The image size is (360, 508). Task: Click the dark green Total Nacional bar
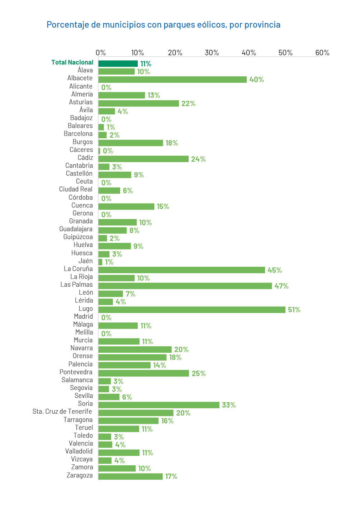[118, 63]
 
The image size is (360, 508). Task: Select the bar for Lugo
[192, 310]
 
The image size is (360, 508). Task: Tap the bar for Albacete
[172, 80]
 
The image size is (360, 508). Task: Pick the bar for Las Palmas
[185, 286]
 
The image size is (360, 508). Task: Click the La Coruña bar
[181, 270]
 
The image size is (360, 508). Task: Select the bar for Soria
[159, 405]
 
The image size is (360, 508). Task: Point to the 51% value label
[294, 310]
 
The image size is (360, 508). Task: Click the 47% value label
[281, 286]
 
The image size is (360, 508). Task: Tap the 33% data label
[229, 405]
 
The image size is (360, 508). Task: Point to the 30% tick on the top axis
[212, 53]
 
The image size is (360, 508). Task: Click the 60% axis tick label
[322, 53]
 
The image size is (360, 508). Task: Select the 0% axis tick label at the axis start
[101, 53]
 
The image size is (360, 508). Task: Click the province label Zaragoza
[80, 475]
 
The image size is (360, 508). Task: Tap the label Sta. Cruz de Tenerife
[62, 412]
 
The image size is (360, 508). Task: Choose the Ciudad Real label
[76, 189]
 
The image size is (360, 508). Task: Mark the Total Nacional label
[72, 62]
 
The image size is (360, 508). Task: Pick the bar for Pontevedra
[143, 373]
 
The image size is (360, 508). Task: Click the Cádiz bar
[143, 159]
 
